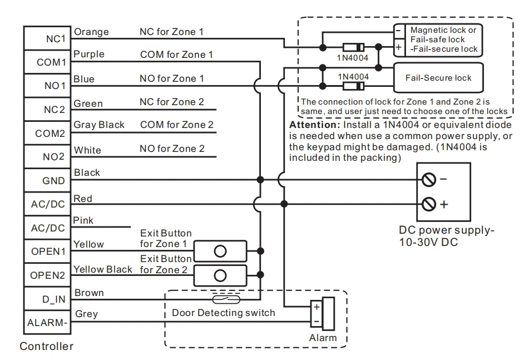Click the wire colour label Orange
pyautogui.click(x=90, y=32)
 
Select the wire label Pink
pyautogui.click(x=83, y=220)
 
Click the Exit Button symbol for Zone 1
pyautogui.click(x=221, y=250)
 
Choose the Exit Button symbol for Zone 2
pyautogui.click(x=221, y=274)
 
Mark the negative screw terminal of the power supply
pyautogui.click(x=429, y=180)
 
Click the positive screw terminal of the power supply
pyautogui.click(x=429, y=204)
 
